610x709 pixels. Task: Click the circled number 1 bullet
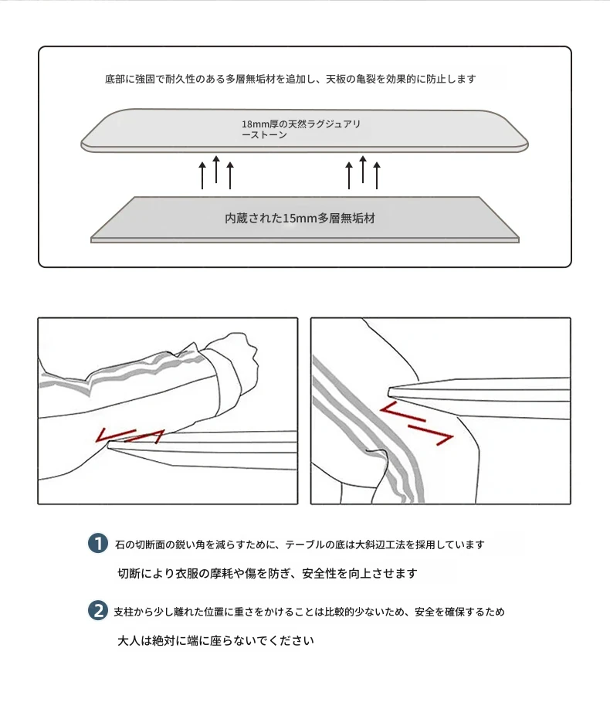(x=97, y=543)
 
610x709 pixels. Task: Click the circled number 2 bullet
(x=97, y=610)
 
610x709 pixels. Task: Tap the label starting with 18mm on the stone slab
(x=300, y=129)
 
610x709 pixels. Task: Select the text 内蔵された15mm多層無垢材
(x=300, y=219)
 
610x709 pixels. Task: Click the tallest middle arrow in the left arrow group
(x=216, y=169)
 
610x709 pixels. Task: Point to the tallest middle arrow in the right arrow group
(x=363, y=169)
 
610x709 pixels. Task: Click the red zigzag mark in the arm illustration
(x=129, y=436)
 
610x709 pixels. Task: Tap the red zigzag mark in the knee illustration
(x=416, y=424)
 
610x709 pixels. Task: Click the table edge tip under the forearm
(x=110, y=446)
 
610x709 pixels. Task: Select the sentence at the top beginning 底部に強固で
(x=290, y=79)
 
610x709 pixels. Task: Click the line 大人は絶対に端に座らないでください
(x=215, y=641)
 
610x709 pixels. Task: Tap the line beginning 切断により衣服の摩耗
(x=267, y=573)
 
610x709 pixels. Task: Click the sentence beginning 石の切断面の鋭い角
(x=300, y=544)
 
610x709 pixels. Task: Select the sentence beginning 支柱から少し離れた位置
(x=310, y=612)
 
